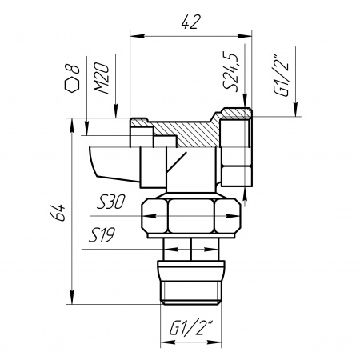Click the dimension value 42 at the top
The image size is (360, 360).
tap(190, 22)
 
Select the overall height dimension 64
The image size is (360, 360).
tap(58, 213)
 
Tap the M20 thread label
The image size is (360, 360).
tap(102, 78)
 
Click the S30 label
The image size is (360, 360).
tap(110, 202)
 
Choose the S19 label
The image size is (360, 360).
tap(102, 235)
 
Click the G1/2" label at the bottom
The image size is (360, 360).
tap(191, 327)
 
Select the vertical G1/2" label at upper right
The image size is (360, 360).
tap(281, 76)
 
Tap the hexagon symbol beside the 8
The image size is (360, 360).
tap(72, 86)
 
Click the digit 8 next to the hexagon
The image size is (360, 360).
tap(74, 70)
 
